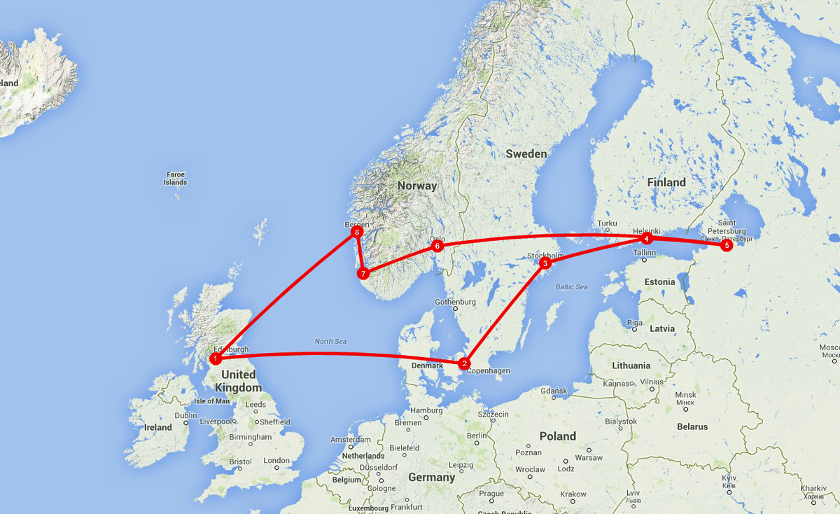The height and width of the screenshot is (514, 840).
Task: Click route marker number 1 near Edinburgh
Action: click(216, 359)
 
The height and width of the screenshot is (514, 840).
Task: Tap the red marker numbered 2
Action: click(463, 363)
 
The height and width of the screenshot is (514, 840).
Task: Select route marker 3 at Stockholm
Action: click(545, 263)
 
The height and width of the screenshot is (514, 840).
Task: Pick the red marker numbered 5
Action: click(726, 245)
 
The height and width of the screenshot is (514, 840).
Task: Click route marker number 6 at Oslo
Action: click(437, 246)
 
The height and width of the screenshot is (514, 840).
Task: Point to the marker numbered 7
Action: click(363, 273)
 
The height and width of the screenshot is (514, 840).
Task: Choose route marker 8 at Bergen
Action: click(357, 231)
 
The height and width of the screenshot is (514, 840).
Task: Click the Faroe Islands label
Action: click(175, 178)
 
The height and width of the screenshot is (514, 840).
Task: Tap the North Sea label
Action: click(330, 342)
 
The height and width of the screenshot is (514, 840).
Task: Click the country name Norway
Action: click(416, 186)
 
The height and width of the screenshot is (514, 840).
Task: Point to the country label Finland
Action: click(666, 182)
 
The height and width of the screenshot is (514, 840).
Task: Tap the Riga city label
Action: click(635, 323)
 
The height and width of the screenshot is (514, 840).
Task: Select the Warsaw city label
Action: click(588, 457)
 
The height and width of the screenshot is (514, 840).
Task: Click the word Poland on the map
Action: click(557, 436)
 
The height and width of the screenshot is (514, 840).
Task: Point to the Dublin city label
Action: click(185, 415)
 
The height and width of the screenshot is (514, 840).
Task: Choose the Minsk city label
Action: click(685, 395)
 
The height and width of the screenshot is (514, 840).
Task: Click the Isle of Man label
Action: click(211, 401)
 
